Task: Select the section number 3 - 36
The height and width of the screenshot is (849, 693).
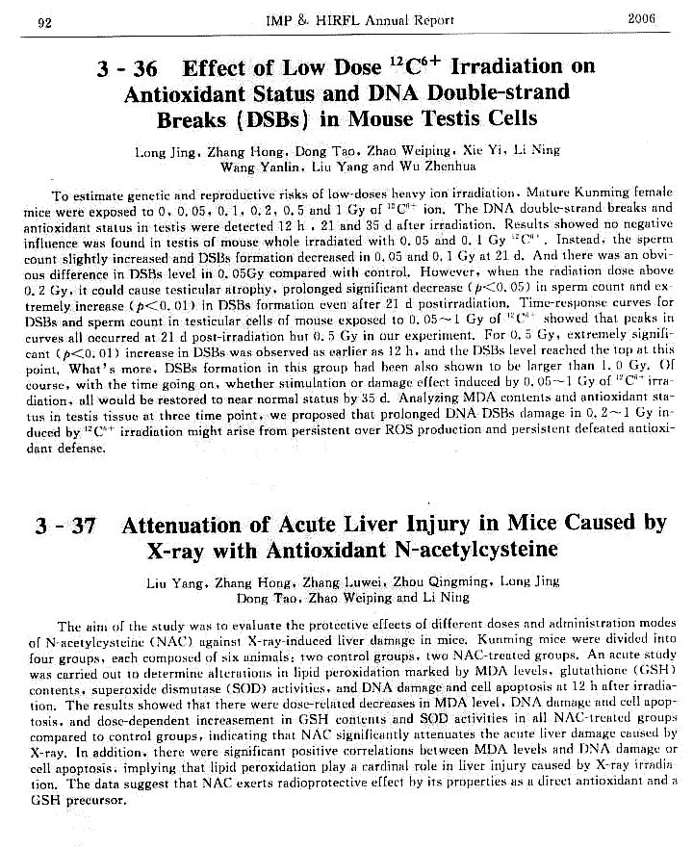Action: click(x=129, y=69)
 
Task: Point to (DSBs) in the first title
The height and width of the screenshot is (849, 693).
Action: click(x=247, y=119)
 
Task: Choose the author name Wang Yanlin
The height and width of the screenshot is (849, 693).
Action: click(x=253, y=167)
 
